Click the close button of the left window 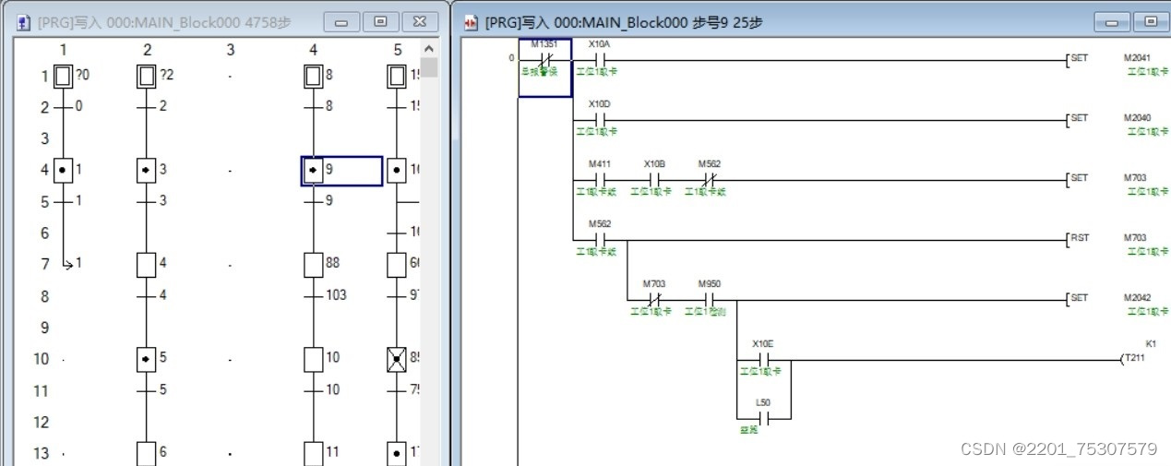pyautogui.click(x=419, y=21)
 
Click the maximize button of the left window pyautogui.click(x=380, y=21)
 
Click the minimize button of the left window pyautogui.click(x=341, y=21)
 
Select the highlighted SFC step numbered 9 pyautogui.click(x=314, y=171)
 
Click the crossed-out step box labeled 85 pyautogui.click(x=396, y=359)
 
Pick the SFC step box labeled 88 pyautogui.click(x=314, y=265)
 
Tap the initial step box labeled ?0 pyautogui.click(x=63, y=76)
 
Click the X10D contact pyautogui.click(x=599, y=119)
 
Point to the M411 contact pyautogui.click(x=599, y=179)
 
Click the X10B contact pyautogui.click(x=653, y=179)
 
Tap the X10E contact pyautogui.click(x=763, y=359)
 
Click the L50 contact pyautogui.click(x=763, y=418)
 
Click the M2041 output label pyautogui.click(x=1135, y=58)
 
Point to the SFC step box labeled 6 pyautogui.click(x=146, y=453)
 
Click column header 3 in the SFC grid pyautogui.click(x=230, y=50)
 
